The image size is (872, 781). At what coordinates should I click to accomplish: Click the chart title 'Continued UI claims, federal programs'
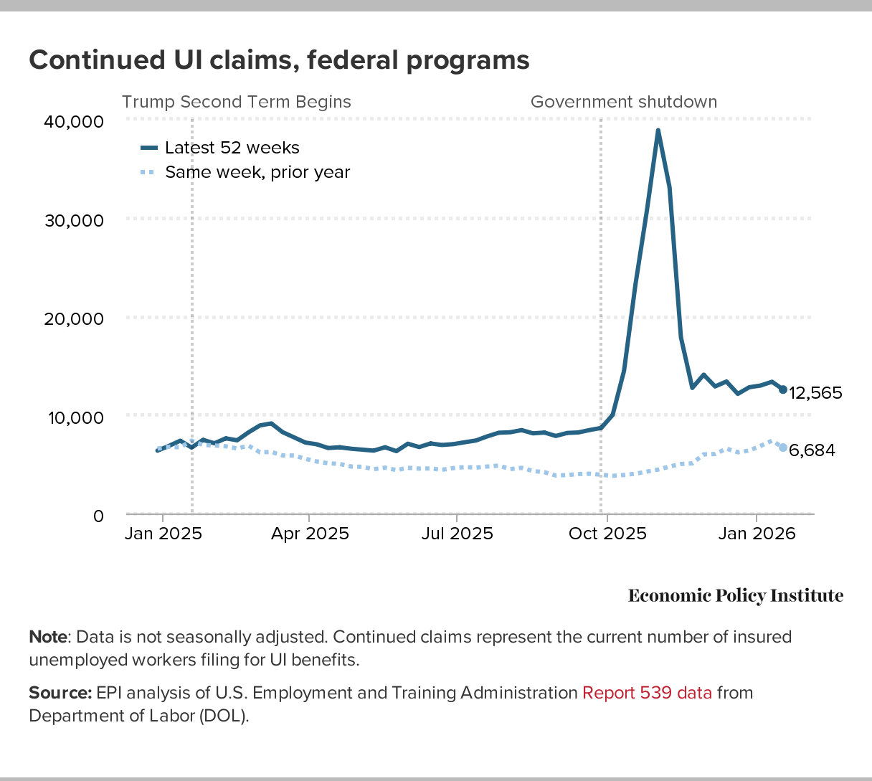[x=279, y=60]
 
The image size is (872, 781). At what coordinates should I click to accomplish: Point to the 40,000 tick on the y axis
[x=74, y=121]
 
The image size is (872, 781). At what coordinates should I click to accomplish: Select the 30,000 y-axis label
[x=74, y=220]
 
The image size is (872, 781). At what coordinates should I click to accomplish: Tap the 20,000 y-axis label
[x=74, y=318]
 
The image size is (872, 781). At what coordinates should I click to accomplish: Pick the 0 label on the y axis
[x=98, y=516]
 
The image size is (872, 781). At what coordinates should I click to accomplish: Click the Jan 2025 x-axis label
[x=163, y=534]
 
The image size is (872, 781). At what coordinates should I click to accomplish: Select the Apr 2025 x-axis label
[x=310, y=534]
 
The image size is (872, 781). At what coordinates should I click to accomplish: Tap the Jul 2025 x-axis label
[x=457, y=534]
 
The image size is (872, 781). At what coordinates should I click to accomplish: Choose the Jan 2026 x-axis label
[x=757, y=534]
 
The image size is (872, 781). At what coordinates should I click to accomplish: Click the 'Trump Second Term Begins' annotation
[x=237, y=102]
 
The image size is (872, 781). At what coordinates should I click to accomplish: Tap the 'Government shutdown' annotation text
[x=624, y=102]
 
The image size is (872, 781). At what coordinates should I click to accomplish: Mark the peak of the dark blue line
[x=658, y=131]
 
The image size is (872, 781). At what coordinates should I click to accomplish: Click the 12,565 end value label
[x=815, y=393]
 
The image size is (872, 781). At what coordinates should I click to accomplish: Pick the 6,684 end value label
[x=812, y=450]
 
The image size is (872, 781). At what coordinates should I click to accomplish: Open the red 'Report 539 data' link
[x=647, y=693]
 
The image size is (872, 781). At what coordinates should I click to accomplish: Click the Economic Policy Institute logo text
[x=736, y=596]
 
